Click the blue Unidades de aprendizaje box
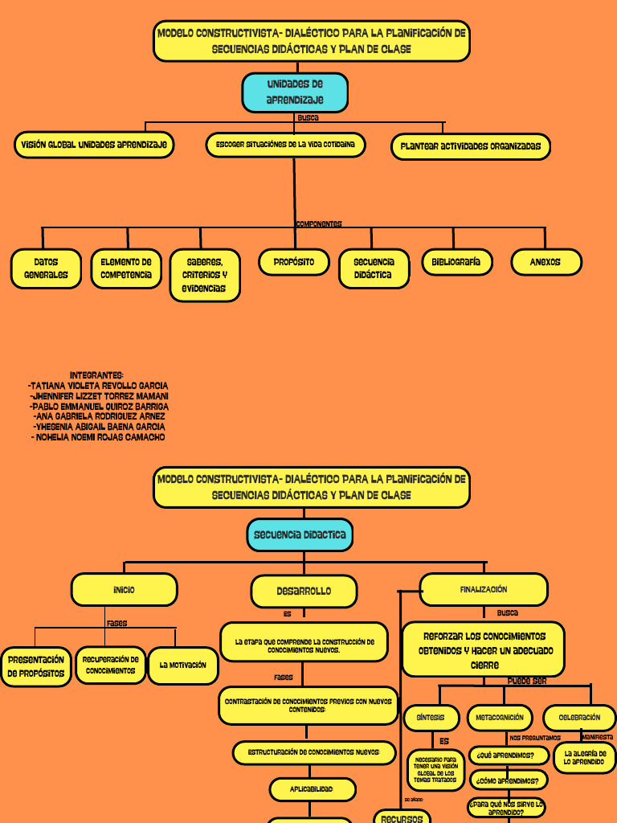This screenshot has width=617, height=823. point(295,92)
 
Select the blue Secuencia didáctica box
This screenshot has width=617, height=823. point(300,534)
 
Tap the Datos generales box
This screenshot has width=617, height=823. point(46,268)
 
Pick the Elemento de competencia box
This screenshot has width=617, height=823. point(126,268)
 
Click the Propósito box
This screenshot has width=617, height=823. point(294,262)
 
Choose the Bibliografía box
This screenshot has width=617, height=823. point(456,262)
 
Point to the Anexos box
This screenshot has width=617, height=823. point(545,262)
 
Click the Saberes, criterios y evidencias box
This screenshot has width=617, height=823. point(205,275)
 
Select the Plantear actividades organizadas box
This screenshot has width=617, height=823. point(471,147)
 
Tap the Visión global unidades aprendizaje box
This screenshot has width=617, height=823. point(94,145)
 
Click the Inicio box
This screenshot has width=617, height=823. point(124,590)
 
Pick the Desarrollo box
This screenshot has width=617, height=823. point(304,592)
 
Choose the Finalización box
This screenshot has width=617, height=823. point(484,590)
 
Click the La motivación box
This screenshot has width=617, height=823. point(183,665)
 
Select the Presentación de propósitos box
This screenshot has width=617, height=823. point(36,666)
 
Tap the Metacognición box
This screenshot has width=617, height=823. point(499,718)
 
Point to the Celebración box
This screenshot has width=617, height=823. point(579,718)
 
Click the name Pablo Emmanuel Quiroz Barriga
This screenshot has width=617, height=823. point(99,407)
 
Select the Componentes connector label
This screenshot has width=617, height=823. point(319,224)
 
